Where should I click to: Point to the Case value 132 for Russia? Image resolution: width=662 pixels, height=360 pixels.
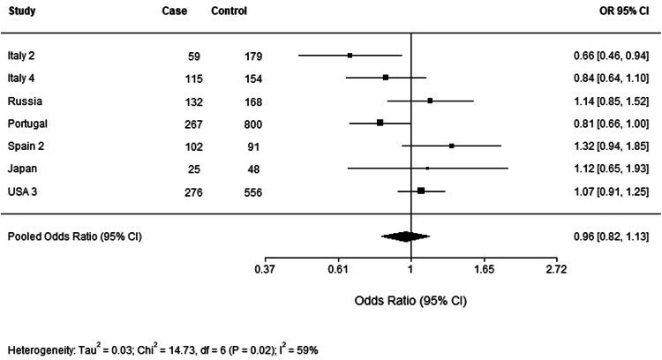pyautogui.click(x=193, y=100)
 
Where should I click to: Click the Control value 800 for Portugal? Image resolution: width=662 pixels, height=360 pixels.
pyautogui.click(x=254, y=123)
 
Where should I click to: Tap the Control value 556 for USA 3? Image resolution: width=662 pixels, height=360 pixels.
pyautogui.click(x=254, y=191)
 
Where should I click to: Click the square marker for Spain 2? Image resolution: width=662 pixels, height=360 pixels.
pyautogui.click(x=451, y=146)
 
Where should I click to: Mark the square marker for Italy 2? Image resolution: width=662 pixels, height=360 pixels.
pyautogui.click(x=350, y=56)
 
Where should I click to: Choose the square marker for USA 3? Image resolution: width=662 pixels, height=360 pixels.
pyautogui.click(x=421, y=191)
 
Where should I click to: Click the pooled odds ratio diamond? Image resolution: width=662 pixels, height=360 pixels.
pyautogui.click(x=405, y=236)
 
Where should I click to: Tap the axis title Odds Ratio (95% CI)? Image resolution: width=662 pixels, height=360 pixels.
pyautogui.click(x=410, y=299)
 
